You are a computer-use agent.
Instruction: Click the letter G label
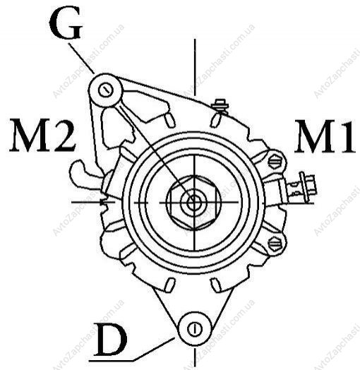[66, 24]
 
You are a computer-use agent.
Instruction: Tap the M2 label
[42, 136]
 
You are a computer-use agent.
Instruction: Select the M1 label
[325, 136]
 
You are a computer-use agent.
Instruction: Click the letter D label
[110, 340]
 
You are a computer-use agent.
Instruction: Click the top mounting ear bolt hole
[106, 90]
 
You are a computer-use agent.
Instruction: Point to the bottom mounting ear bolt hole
[195, 329]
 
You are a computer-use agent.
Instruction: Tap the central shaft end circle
[194, 203]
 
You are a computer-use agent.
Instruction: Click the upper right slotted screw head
[275, 162]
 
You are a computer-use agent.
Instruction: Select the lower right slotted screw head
[275, 244]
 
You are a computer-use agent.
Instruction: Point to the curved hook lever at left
[85, 174]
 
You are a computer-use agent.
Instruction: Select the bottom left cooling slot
[170, 285]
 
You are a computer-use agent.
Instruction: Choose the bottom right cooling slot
[215, 285]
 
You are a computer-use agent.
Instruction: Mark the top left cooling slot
[169, 120]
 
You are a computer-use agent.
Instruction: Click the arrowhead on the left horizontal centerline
[104, 202]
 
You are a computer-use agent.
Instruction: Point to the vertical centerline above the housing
[195, 67]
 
